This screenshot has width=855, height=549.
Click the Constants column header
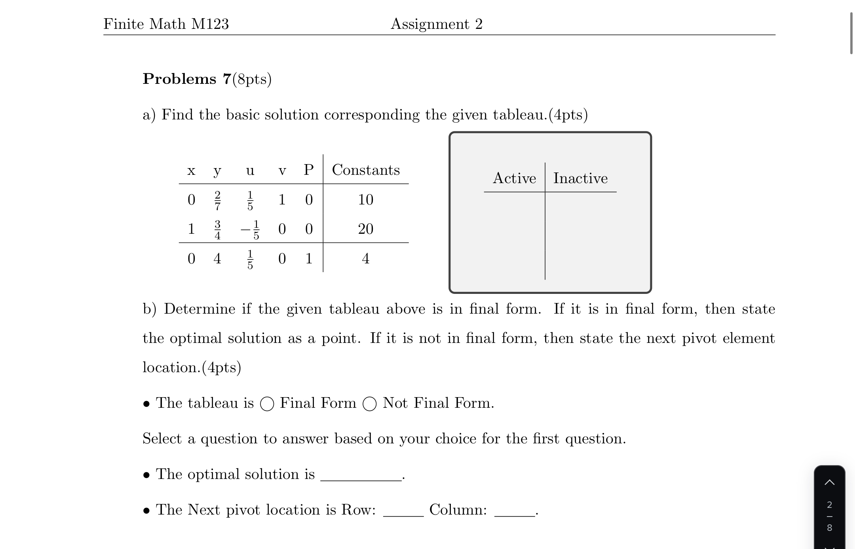click(x=366, y=170)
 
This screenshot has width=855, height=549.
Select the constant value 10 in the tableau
click(x=365, y=200)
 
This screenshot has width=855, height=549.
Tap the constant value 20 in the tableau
click(x=365, y=229)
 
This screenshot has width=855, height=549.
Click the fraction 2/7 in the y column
click(x=217, y=200)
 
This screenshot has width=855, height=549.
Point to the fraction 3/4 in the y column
click(x=217, y=229)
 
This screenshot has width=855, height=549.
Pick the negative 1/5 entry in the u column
click(x=251, y=230)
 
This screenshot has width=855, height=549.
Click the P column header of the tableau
click(x=309, y=170)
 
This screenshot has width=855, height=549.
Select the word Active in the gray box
click(x=514, y=178)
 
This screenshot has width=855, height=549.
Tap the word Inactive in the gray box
click(x=580, y=178)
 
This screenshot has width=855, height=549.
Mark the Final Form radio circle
click(x=267, y=404)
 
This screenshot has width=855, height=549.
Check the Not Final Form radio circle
click(x=370, y=404)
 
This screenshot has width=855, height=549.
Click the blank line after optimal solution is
click(x=361, y=476)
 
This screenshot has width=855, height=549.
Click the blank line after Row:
click(x=403, y=512)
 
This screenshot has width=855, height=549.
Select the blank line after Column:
click(x=514, y=512)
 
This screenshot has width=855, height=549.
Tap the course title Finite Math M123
click(x=166, y=24)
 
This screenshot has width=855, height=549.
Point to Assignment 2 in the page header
click(x=437, y=24)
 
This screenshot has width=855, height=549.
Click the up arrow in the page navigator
click(x=830, y=482)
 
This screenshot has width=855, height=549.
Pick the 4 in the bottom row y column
click(x=217, y=259)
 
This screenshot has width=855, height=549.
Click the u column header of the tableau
click(x=250, y=171)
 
